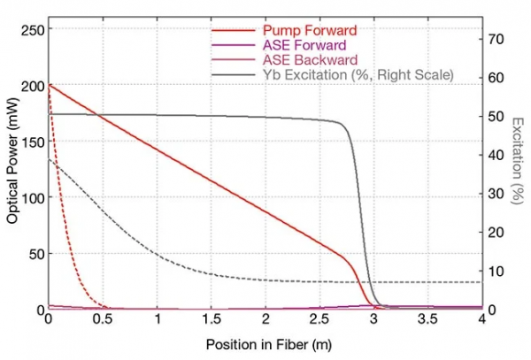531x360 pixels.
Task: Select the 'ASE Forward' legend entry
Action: (299, 43)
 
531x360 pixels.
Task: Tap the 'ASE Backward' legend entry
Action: (303, 59)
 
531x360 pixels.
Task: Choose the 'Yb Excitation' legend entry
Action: (358, 75)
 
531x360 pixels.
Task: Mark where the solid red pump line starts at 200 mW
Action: (50, 86)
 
